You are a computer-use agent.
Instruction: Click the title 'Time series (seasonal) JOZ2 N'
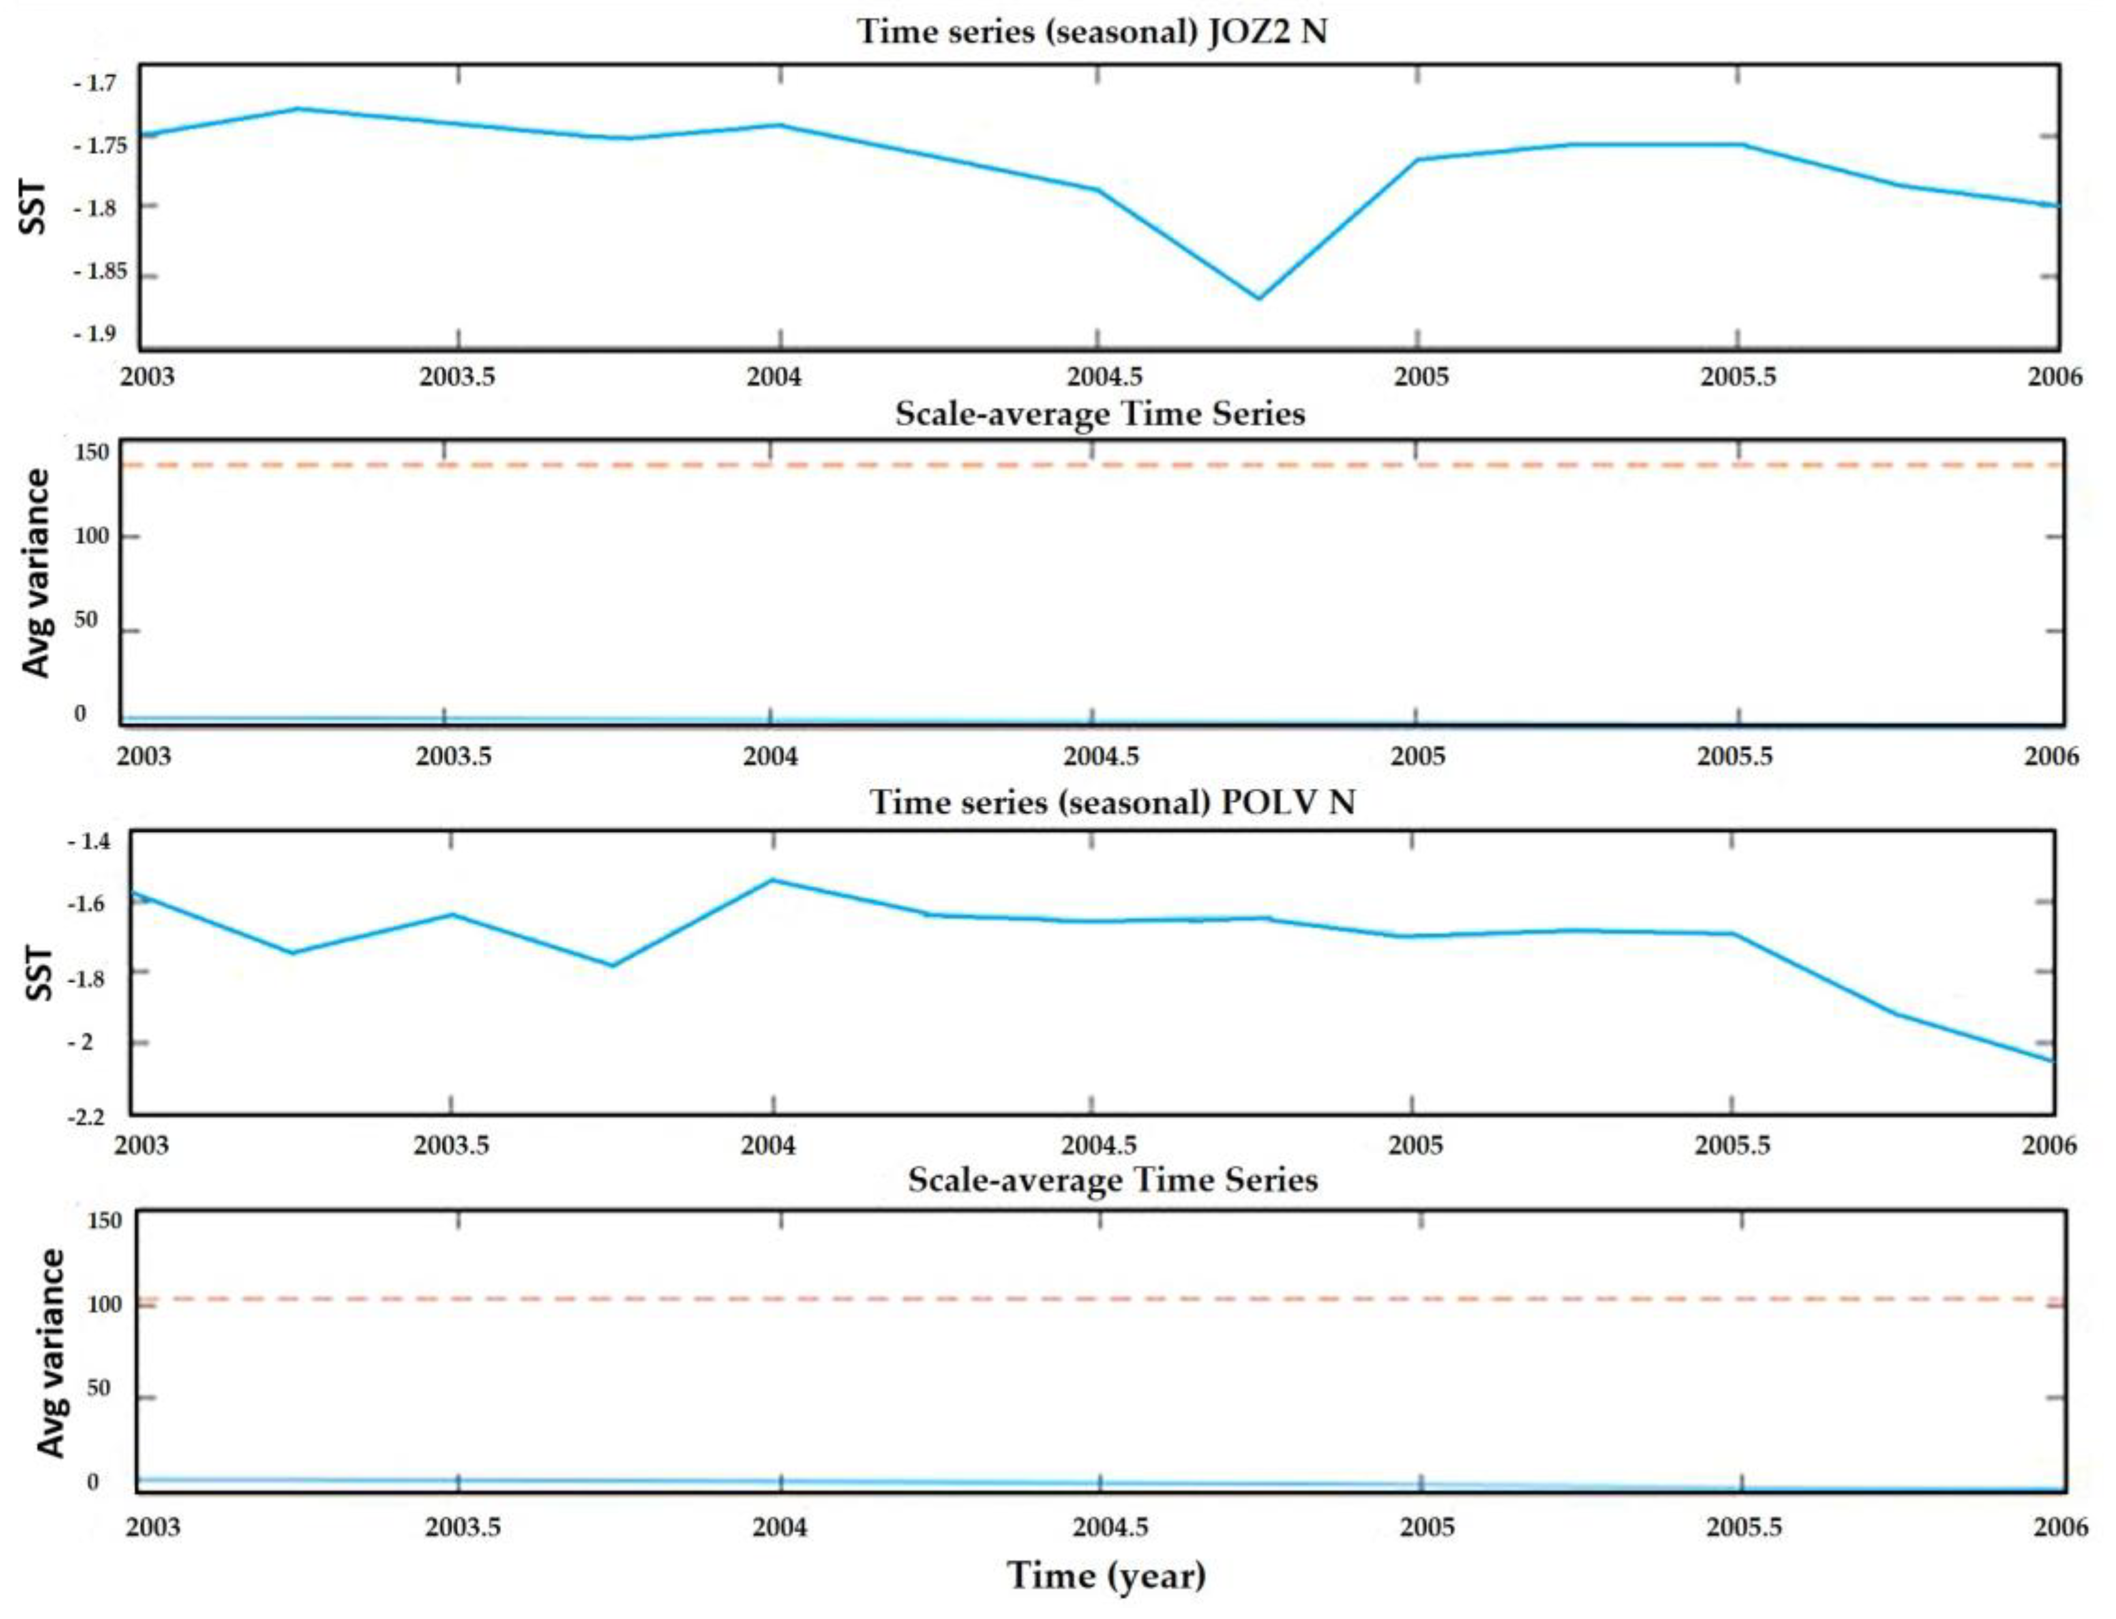point(1091,32)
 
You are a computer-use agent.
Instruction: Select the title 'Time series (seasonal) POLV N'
point(1112,802)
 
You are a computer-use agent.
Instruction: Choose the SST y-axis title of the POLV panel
point(39,974)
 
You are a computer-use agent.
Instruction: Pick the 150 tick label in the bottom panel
point(104,1220)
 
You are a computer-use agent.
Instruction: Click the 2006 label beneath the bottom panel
point(2060,1527)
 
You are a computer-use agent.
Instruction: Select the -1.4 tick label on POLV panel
point(89,841)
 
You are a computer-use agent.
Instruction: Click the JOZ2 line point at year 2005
point(1416,160)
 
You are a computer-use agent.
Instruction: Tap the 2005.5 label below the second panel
point(1734,757)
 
